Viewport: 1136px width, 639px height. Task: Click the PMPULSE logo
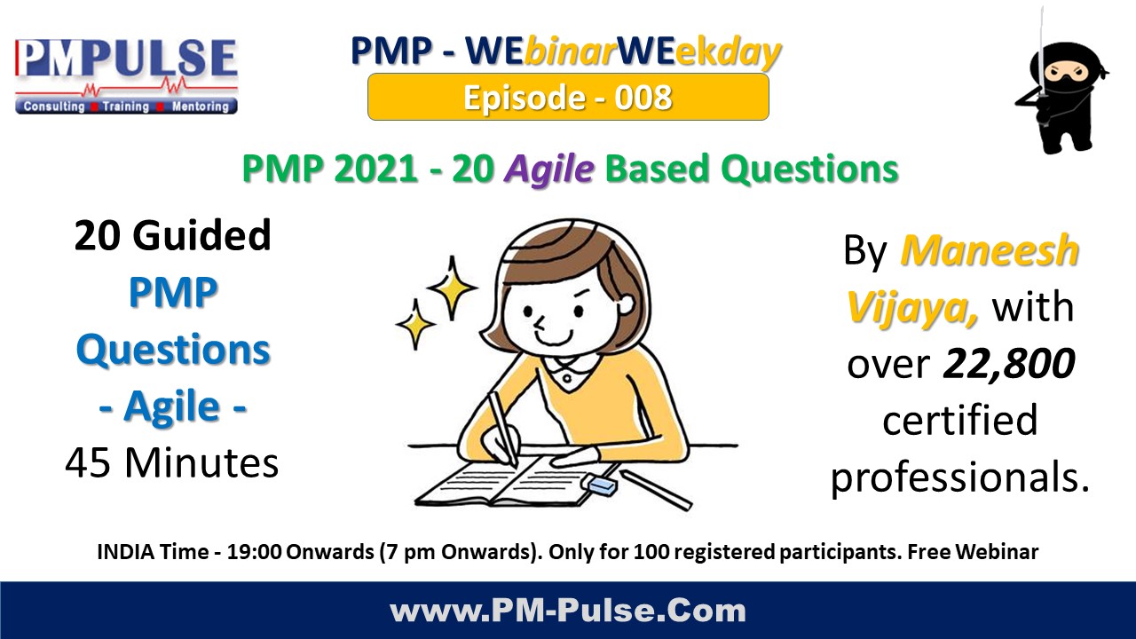point(126,75)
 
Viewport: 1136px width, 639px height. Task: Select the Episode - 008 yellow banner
point(568,97)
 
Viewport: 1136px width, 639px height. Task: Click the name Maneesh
point(990,252)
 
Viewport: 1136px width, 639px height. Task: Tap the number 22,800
point(1009,363)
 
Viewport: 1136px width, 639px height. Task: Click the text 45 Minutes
point(172,462)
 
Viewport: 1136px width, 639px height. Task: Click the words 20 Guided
point(172,236)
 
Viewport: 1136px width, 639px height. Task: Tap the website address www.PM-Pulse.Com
point(568,611)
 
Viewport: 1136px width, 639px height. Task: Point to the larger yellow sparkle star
point(452,287)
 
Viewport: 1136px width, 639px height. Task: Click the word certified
point(959,420)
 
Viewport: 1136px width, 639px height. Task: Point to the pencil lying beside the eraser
point(656,489)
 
